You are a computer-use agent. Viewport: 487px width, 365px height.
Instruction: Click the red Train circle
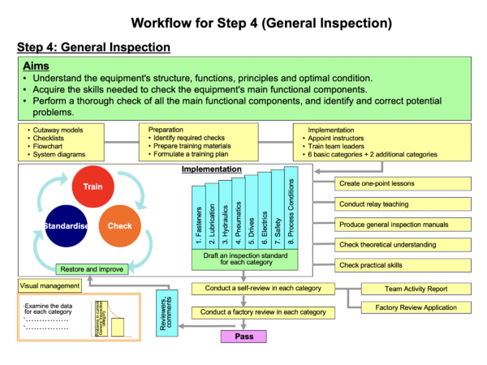point(91,187)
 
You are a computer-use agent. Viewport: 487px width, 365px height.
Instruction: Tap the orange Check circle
point(120,226)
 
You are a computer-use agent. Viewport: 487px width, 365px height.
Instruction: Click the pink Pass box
point(243,336)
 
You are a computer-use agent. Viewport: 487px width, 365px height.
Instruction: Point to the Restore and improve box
point(93,269)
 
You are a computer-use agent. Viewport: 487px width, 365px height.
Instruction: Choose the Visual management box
point(49,286)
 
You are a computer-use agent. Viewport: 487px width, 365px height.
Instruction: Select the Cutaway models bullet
point(58,129)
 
